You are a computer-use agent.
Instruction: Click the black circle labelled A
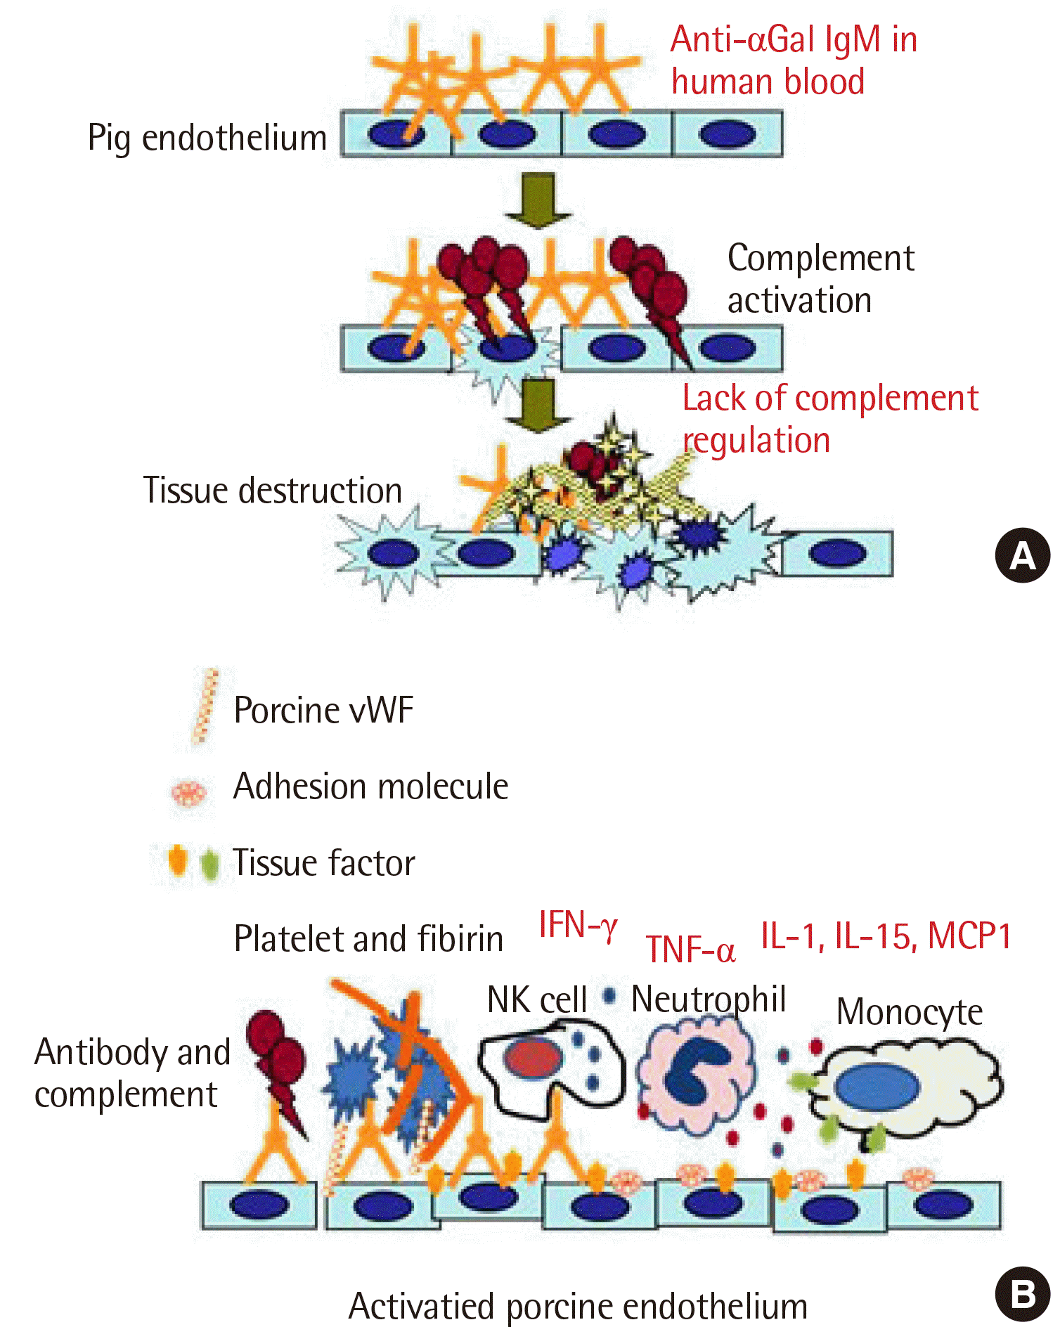coord(1023,555)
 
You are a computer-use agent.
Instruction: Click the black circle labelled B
coord(1023,1294)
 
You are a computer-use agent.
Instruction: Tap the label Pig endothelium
coord(207,138)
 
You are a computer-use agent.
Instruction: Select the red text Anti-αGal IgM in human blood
coord(793,60)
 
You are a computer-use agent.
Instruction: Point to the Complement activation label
coord(820,279)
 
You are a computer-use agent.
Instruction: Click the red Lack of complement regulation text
coord(829,419)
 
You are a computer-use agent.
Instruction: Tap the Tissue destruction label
coord(273,491)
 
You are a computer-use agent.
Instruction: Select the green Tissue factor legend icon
coord(209,864)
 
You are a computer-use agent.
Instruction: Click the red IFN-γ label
coord(578,925)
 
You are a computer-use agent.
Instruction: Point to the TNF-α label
coord(690,950)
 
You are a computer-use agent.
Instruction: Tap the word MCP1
coord(969,936)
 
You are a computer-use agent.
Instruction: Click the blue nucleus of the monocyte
coord(877,1087)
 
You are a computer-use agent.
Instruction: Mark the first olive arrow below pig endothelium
coord(538,200)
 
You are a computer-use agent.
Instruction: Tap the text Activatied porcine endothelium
coord(578,1307)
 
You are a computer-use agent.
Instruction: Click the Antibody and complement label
coord(132,1073)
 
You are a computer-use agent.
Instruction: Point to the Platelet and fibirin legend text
coord(368,939)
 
